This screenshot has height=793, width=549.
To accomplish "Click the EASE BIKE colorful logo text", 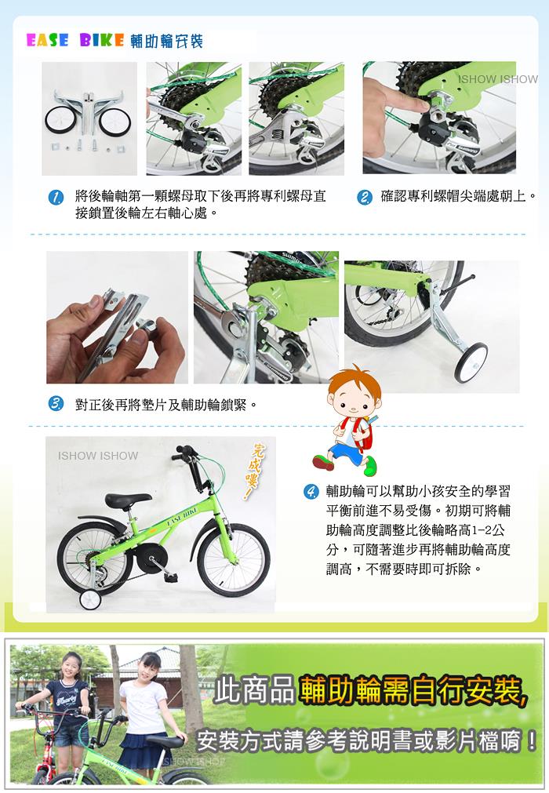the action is [75, 41].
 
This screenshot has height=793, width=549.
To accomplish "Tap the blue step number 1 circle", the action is [56, 197].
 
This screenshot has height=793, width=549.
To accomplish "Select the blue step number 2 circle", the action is [364, 197].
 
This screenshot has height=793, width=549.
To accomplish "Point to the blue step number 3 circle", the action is [56, 404].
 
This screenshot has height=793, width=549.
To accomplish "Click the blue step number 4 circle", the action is [311, 491].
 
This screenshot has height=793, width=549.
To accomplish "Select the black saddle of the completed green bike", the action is [127, 500].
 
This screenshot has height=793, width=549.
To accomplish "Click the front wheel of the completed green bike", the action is [234, 559].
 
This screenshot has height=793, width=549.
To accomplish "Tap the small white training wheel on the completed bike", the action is [90, 599].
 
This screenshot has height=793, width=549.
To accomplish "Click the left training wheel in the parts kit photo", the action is [60, 121].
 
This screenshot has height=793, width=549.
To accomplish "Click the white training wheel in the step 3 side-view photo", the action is [471, 362].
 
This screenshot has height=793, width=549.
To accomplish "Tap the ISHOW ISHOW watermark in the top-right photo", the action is [498, 79].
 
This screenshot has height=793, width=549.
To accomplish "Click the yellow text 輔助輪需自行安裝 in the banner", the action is [413, 691].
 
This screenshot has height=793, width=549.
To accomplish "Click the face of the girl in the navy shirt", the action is [71, 668].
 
